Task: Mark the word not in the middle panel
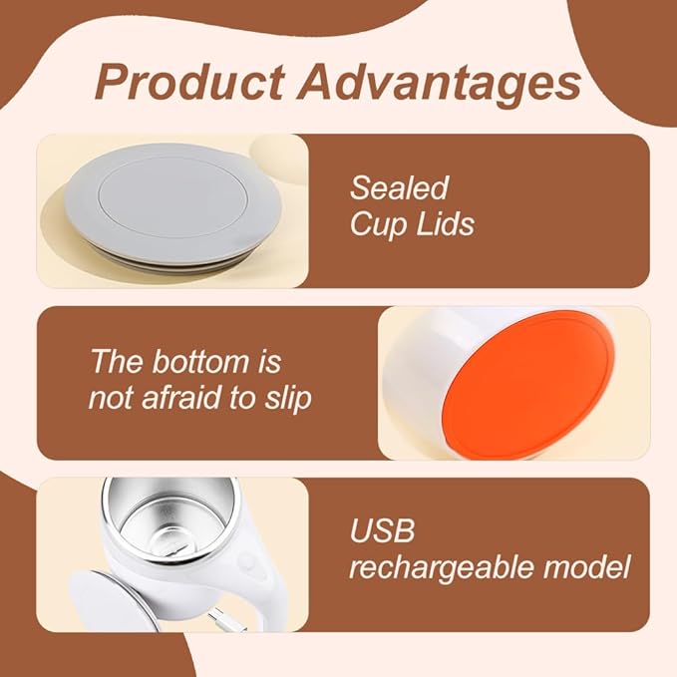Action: click(109, 399)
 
